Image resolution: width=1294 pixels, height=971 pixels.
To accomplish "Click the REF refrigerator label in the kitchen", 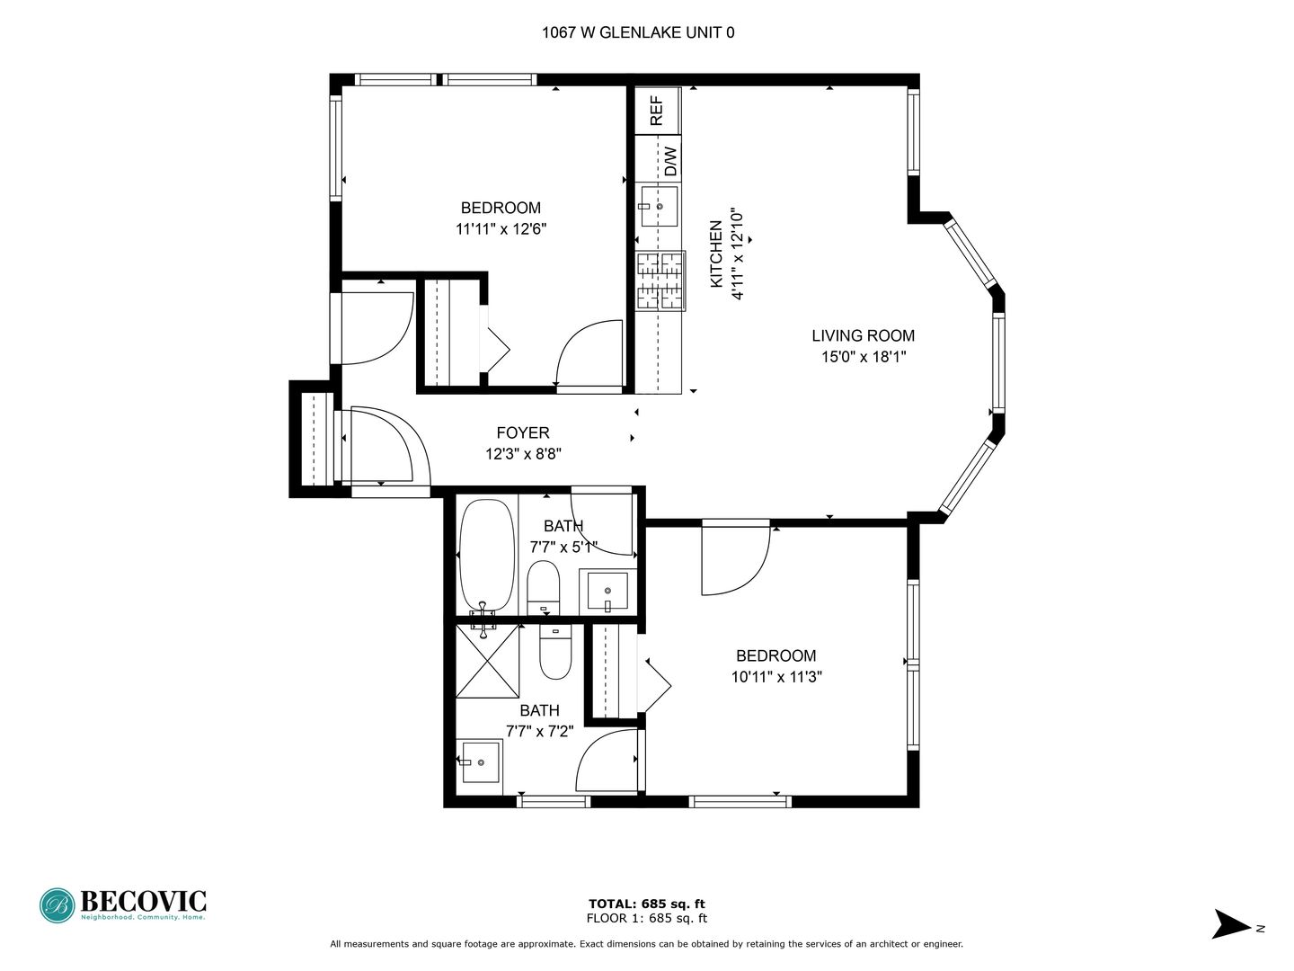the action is pyautogui.click(x=657, y=111).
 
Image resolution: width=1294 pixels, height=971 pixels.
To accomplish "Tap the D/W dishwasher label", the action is pyautogui.click(x=671, y=161).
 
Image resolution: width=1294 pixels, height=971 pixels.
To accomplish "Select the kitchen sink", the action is pyautogui.click(x=659, y=207).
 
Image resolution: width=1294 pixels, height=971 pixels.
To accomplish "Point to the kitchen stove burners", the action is pyautogui.click(x=660, y=281).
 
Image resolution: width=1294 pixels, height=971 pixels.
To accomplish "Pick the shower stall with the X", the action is pyautogui.click(x=488, y=661).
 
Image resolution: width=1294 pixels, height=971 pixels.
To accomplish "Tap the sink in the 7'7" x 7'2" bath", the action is pyautogui.click(x=481, y=762).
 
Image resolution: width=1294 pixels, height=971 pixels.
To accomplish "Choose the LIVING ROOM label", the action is pyautogui.click(x=863, y=336).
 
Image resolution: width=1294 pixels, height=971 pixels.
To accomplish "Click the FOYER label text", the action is pyautogui.click(x=523, y=433).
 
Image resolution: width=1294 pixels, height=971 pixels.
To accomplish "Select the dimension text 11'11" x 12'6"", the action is pyautogui.click(x=501, y=228).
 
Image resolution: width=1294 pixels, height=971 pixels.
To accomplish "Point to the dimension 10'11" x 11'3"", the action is pyautogui.click(x=776, y=677).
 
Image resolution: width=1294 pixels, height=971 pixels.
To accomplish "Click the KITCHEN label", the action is pyautogui.click(x=716, y=254).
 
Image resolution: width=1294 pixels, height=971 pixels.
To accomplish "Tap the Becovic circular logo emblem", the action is pyautogui.click(x=58, y=905).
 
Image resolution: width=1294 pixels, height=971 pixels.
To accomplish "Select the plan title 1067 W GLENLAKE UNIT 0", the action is pyautogui.click(x=638, y=33).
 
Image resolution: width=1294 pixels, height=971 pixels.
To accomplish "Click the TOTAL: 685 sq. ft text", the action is pyautogui.click(x=647, y=904).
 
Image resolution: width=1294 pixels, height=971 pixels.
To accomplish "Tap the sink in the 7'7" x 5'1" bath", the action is pyautogui.click(x=607, y=591).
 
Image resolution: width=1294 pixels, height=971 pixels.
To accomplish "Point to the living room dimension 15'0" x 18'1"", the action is pyautogui.click(x=864, y=357).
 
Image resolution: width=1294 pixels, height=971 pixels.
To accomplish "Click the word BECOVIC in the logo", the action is pyautogui.click(x=143, y=901).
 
